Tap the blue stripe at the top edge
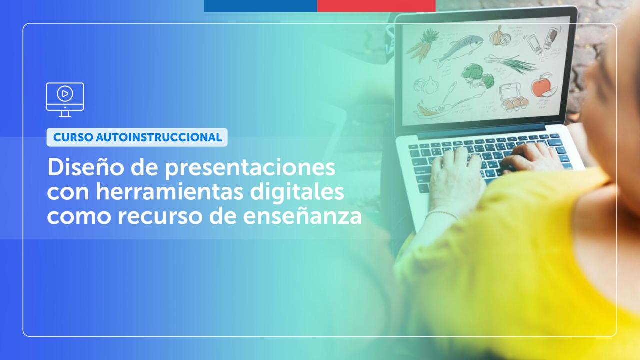[260, 5]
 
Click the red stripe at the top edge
[376, 5]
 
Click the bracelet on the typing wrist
[442, 214]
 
